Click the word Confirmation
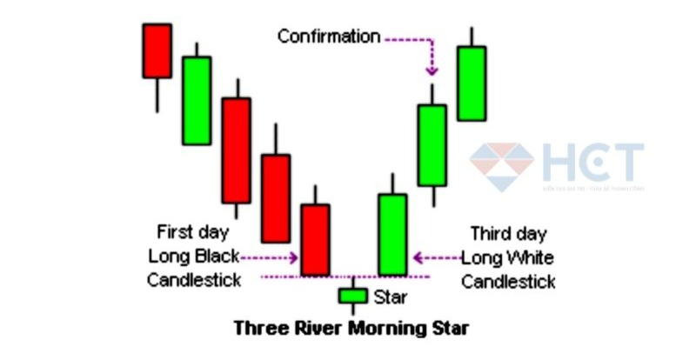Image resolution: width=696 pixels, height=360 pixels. click(329, 37)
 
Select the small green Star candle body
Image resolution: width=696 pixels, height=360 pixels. click(353, 296)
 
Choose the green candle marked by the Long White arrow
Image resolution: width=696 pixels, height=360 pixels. click(392, 234)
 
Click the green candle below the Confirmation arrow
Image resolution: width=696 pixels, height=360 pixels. click(432, 145)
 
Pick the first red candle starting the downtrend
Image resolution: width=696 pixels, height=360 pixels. click(157, 50)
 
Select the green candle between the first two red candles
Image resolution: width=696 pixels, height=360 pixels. click(197, 100)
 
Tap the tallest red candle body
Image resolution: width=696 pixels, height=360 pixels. click(236, 150)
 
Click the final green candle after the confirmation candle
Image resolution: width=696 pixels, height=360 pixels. click(472, 83)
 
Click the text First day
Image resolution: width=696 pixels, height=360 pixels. click(192, 232)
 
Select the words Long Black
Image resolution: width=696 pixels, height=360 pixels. click(192, 257)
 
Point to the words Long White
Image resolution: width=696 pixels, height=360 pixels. click(507, 257)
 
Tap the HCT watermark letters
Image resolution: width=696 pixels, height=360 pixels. click(592, 163)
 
